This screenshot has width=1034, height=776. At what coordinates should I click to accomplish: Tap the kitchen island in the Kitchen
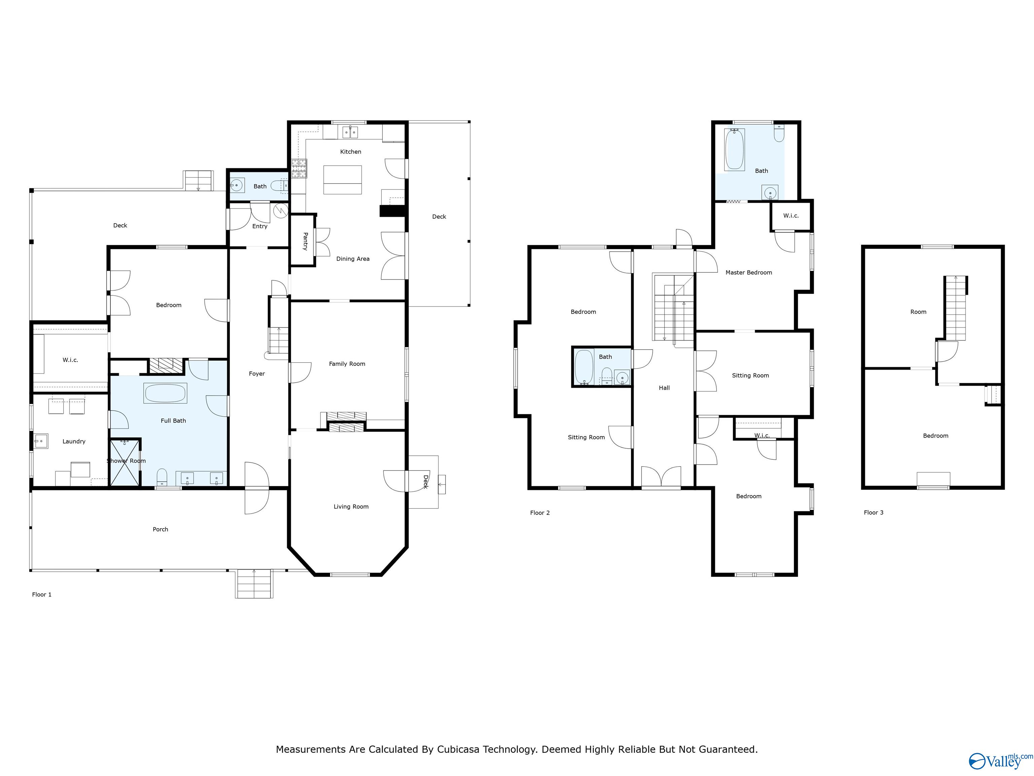tap(342, 180)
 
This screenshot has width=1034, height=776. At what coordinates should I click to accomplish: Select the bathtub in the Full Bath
tap(166, 393)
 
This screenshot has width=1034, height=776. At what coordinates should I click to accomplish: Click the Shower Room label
tap(126, 461)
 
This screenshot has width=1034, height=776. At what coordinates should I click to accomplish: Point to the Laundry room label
tap(74, 441)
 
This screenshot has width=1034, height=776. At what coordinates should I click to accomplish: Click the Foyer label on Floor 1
tap(256, 373)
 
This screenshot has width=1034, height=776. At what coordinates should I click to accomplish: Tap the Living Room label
tap(351, 506)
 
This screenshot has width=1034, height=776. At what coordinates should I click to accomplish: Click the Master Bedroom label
tap(748, 272)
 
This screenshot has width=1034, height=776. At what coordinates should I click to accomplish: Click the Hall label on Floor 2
tap(664, 387)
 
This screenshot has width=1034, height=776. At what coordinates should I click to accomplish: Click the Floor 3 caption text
tap(873, 512)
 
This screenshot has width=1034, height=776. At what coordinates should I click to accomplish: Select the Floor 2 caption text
tap(540, 513)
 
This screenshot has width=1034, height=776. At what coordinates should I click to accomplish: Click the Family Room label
tap(347, 363)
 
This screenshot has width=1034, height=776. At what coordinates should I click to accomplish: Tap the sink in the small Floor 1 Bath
tap(237, 186)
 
